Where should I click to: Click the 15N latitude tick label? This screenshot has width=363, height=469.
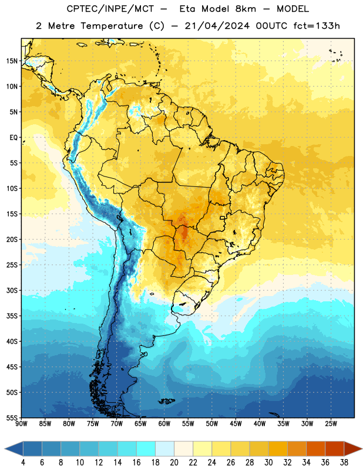[12, 61]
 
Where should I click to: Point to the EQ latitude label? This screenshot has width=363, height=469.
[14, 138]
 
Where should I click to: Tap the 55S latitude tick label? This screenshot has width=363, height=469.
[12, 417]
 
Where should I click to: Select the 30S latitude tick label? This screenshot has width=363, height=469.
[12, 290]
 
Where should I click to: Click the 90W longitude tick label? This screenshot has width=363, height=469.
[21, 424]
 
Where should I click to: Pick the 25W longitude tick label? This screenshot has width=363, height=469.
[331, 424]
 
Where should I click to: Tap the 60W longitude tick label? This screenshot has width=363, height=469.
[164, 424]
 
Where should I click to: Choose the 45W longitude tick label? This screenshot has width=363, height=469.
[236, 424]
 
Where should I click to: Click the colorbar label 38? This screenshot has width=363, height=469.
[344, 463]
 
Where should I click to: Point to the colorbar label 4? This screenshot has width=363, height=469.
[23, 463]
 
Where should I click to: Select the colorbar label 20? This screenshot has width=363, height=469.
[174, 463]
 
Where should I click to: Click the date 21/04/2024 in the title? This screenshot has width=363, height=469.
[217, 26]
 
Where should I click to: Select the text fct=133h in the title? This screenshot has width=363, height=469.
[317, 26]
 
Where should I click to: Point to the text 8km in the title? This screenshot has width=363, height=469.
[246, 9]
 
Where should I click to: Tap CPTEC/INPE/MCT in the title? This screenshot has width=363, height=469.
[110, 9]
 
